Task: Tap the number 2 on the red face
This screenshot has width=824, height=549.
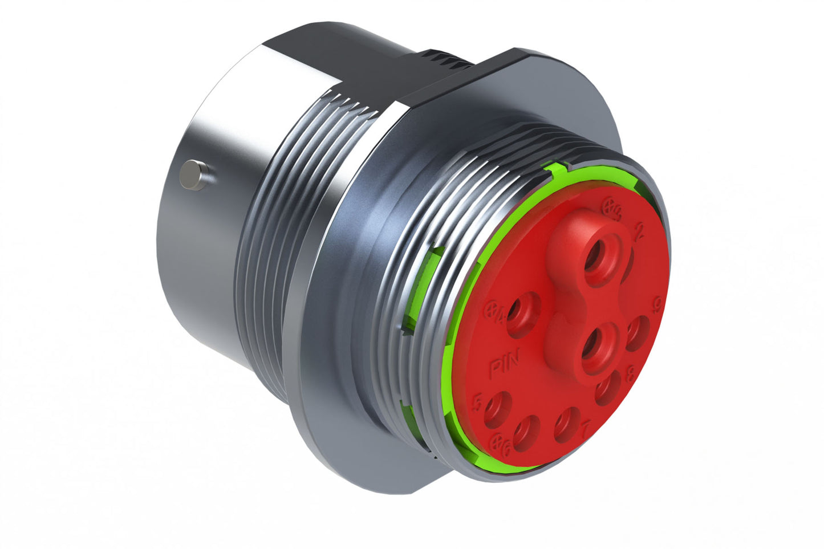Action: pyautogui.click(x=639, y=230)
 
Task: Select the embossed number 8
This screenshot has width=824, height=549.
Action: pyautogui.click(x=631, y=375)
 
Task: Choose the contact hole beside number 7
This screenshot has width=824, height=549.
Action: pyautogui.click(x=567, y=425)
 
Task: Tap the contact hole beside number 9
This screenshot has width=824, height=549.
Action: pyautogui.click(x=638, y=334)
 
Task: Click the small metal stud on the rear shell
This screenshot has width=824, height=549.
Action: pyautogui.click(x=194, y=175)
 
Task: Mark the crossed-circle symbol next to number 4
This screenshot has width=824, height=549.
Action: pyautogui.click(x=491, y=310)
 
